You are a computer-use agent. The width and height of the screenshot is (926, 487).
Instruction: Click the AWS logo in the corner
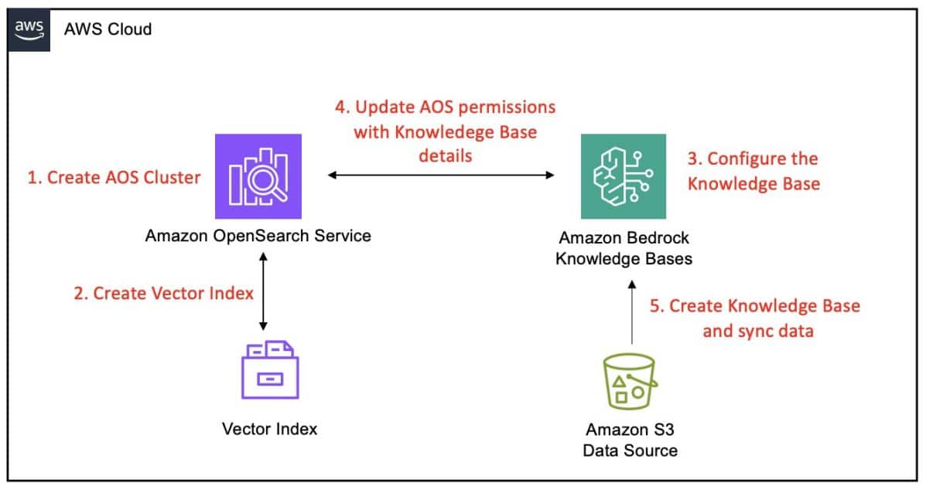pos(28,29)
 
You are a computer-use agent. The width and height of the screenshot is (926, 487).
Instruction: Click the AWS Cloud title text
pos(108,29)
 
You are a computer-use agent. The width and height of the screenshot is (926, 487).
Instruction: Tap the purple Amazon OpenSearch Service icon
pos(258,176)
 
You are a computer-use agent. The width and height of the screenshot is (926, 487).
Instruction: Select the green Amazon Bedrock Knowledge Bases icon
pos(623,176)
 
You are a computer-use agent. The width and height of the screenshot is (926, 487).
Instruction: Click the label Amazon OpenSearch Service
pos(258,235)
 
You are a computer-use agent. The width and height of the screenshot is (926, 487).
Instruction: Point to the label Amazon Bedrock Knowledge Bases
pos(624,249)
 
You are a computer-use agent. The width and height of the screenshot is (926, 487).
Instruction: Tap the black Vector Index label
pos(269,428)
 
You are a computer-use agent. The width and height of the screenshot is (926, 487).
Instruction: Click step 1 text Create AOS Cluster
pos(114,177)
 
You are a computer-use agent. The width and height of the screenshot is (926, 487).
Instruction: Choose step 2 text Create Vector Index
pos(162,294)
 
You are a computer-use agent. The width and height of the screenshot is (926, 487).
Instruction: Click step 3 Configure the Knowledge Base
pos(753,171)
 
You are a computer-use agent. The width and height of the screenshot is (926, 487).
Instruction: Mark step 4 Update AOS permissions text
pos(445,131)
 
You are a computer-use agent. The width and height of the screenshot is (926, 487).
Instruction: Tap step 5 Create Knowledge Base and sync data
pos(754,318)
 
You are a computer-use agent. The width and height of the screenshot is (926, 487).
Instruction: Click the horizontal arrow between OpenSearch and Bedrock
pos(441,176)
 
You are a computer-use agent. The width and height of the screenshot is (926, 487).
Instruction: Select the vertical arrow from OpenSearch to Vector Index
pos(264,293)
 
